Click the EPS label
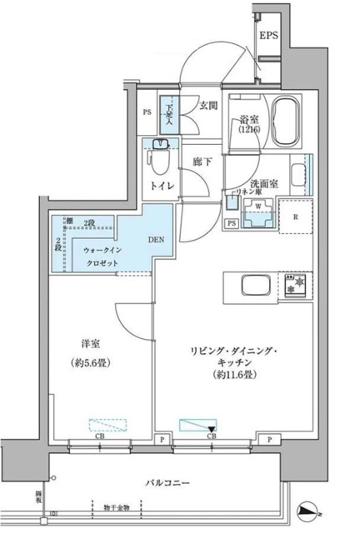point(269,35)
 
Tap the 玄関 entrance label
point(208,105)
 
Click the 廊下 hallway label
point(202,161)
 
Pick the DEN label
point(156,240)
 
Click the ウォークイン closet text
point(101,250)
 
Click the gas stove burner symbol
point(296,285)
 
